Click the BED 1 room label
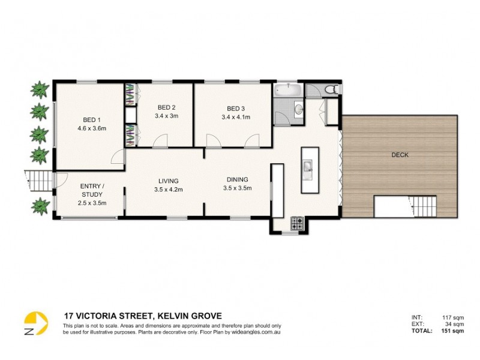[x=92, y=119]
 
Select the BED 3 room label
[x=235, y=109]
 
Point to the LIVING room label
[x=169, y=181]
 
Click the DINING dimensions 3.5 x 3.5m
[x=236, y=188]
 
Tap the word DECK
[x=400, y=155]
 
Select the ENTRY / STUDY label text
[x=92, y=190]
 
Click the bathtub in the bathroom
[x=289, y=91]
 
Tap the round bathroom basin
[x=298, y=109]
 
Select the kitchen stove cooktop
[x=297, y=223]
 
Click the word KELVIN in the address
[x=174, y=316]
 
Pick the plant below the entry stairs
[x=40, y=205]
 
